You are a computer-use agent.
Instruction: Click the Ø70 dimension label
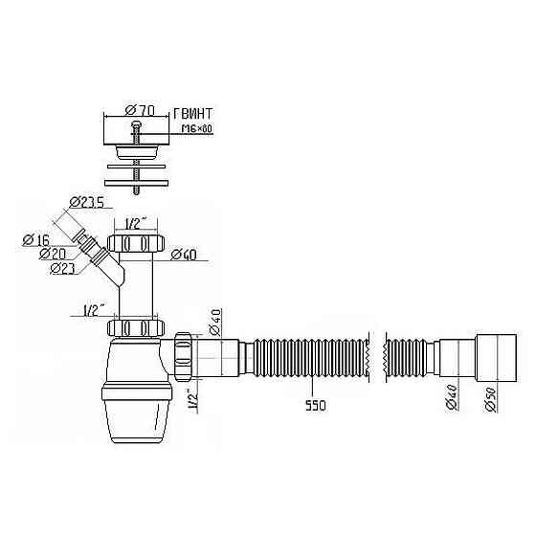[140, 110]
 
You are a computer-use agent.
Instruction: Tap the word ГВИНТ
[193, 114]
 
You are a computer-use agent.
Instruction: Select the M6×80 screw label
[197, 128]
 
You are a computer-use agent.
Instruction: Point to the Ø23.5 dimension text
[86, 202]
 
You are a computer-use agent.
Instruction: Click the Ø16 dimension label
[36, 240]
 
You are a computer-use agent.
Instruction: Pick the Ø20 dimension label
[53, 254]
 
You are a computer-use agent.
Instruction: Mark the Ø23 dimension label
[62, 268]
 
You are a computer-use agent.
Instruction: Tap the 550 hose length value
[316, 406]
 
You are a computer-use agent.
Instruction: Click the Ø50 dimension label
[490, 399]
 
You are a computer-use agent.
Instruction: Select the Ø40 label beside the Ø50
[451, 397]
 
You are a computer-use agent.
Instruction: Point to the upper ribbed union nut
[136, 243]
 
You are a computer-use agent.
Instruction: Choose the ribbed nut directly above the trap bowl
[136, 328]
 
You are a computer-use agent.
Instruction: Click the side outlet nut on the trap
[183, 356]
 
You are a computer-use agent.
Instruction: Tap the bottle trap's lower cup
[136, 413]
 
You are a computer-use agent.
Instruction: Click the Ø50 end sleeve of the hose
[496, 358]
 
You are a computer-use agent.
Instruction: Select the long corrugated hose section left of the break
[312, 358]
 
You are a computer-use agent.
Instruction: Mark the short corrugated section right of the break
[406, 358]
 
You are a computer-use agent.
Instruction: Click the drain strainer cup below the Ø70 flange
[136, 151]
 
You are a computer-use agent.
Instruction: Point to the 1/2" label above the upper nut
[136, 225]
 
